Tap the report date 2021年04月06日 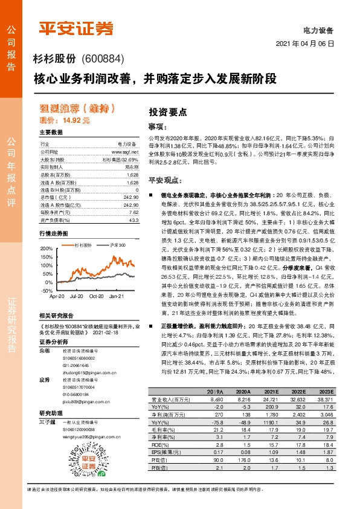[x=310, y=45]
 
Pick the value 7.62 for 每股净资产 [x=133, y=212]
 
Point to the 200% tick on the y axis [x=47, y=248]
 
